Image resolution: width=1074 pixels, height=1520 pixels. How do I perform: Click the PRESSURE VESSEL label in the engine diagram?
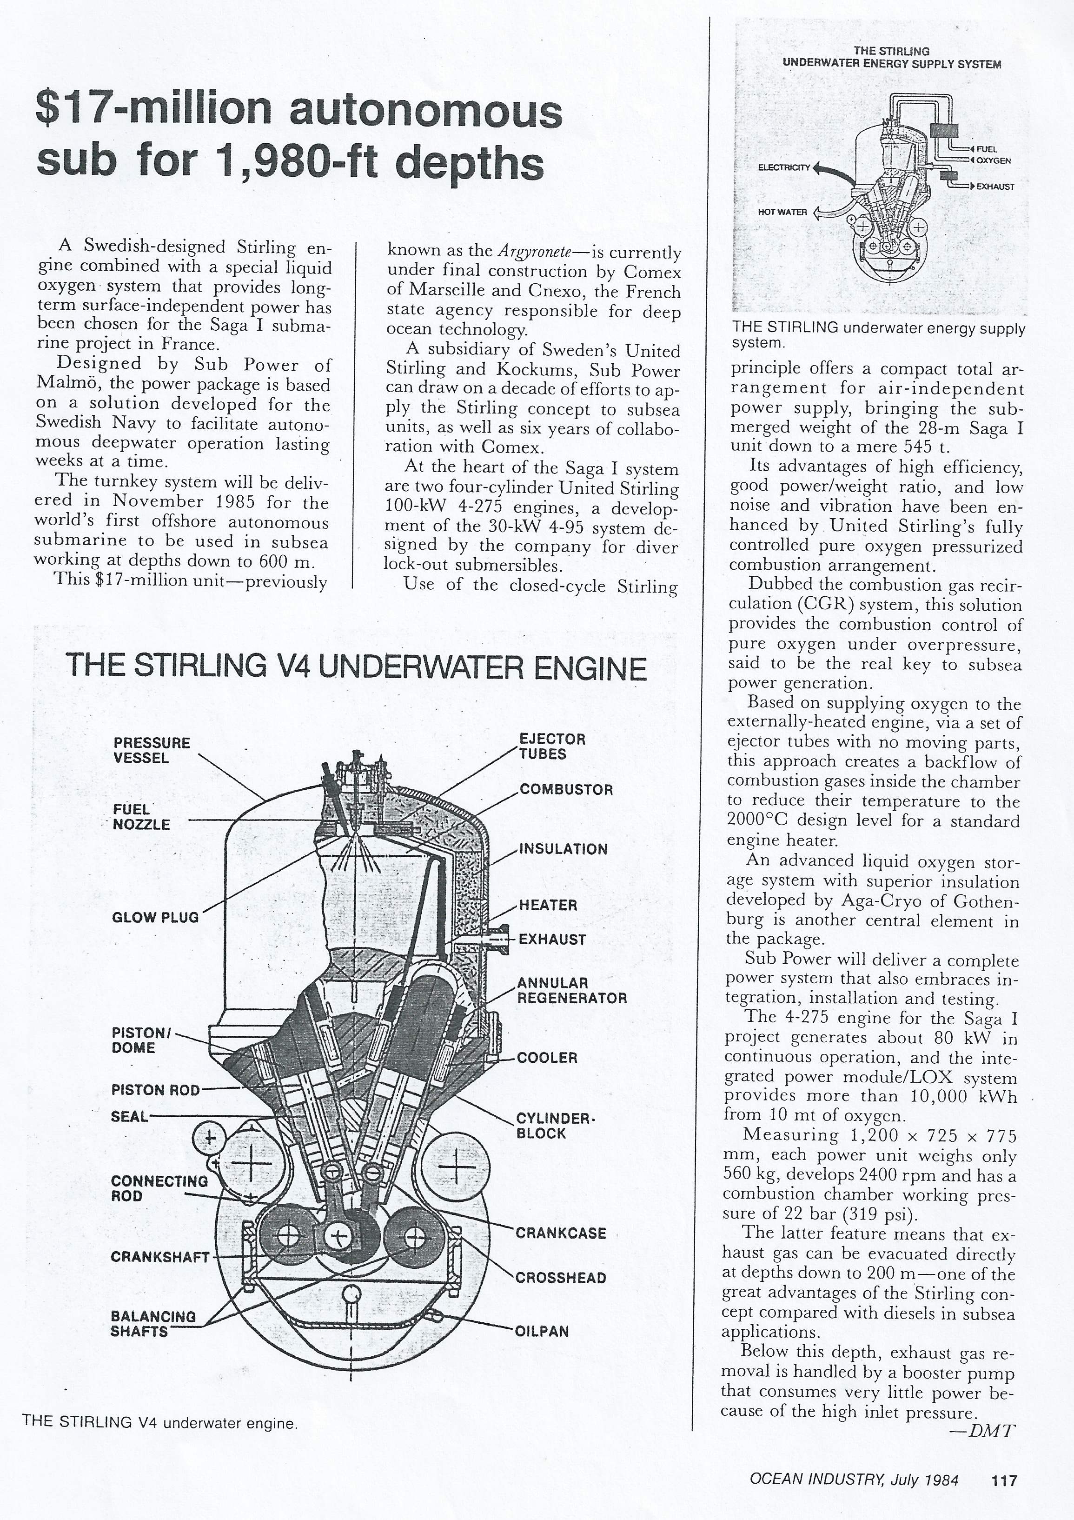point(152,750)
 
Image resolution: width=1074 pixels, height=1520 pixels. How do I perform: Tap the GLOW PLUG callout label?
point(155,917)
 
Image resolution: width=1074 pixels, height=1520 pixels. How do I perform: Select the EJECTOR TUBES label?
point(543,746)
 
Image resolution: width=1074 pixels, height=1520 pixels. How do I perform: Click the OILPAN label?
point(542,1331)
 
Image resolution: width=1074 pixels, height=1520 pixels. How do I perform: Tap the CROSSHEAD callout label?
point(561,1278)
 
